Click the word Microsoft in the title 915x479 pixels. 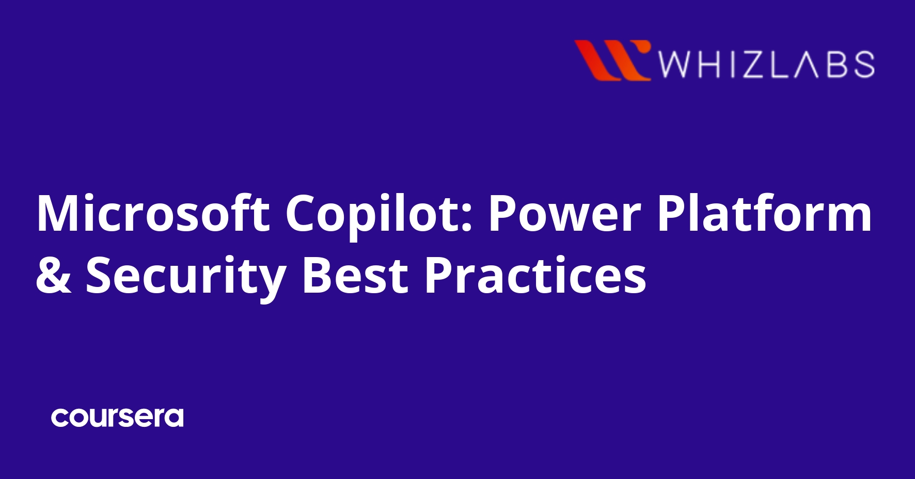153,213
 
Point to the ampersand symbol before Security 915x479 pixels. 53,276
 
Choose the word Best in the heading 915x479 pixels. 356,276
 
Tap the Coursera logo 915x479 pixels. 117,418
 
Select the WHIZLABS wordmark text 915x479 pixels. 766,65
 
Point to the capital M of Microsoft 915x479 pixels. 57,213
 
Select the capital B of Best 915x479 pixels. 316,275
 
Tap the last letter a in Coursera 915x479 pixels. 175,418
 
